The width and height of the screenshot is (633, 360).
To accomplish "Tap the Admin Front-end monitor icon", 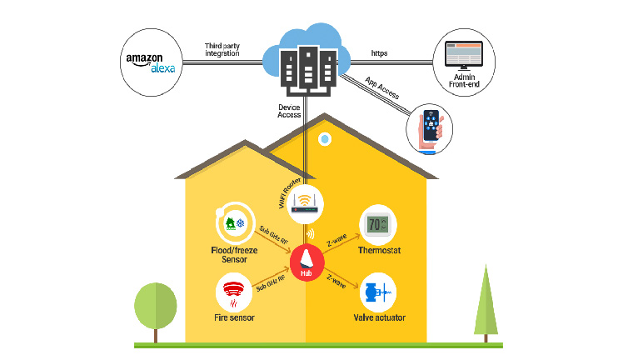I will click(x=460, y=56).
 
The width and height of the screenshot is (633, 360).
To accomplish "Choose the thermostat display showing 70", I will click(x=378, y=223).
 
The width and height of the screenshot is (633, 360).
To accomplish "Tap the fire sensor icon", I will click(x=234, y=294).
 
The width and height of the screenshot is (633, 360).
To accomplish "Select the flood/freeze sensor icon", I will click(x=233, y=223).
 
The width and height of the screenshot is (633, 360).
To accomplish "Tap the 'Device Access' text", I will click(x=289, y=112).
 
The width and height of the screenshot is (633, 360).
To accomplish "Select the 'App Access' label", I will click(x=383, y=91).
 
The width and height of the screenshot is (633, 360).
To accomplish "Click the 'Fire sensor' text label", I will click(x=234, y=318).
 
